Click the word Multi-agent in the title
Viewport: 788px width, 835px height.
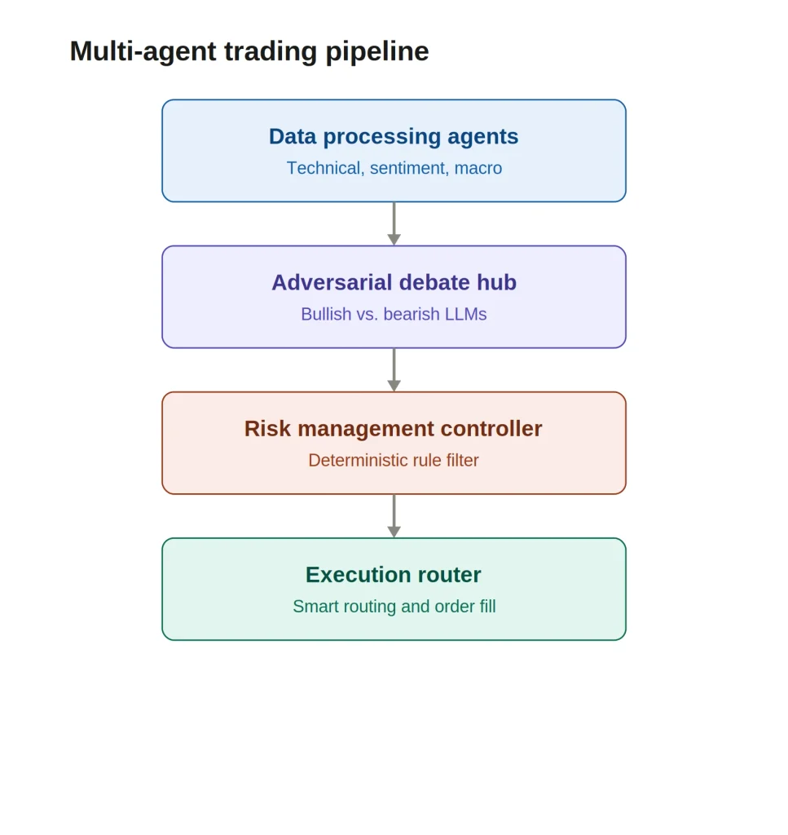click(143, 51)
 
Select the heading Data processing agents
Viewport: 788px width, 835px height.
click(394, 137)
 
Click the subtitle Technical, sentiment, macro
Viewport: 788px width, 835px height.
click(394, 168)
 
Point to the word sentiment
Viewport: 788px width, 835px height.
click(407, 168)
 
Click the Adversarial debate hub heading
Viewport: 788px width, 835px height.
click(394, 282)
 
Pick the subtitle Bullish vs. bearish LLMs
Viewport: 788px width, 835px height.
click(394, 314)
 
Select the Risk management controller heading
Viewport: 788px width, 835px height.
click(394, 429)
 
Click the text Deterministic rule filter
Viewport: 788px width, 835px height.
click(394, 460)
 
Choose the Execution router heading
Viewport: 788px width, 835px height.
click(394, 575)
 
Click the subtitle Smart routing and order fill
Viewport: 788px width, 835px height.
click(394, 607)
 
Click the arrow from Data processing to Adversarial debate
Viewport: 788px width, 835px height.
click(394, 223)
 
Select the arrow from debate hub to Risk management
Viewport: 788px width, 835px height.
click(394, 370)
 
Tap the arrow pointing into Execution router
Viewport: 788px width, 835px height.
click(394, 516)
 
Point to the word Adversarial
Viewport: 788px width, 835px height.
click(331, 282)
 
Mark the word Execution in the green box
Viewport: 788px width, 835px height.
click(358, 575)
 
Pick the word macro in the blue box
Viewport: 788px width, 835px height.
click(478, 169)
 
